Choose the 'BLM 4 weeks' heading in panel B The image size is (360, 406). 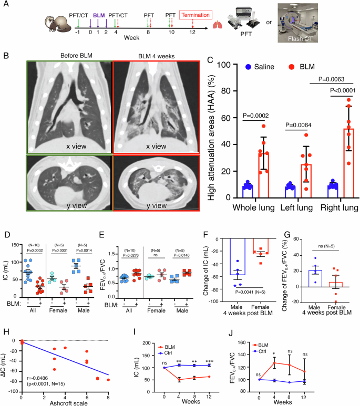pos(156,55)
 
